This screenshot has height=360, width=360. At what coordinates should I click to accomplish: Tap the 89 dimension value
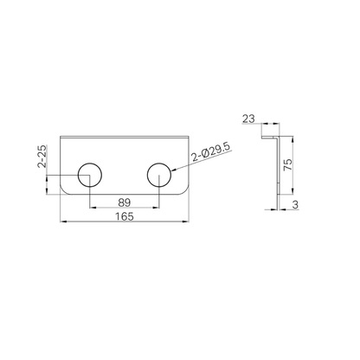(125, 202)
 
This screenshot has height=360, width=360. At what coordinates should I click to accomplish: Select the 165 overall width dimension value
(125, 216)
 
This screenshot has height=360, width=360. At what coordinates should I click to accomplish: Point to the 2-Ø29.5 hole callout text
(211, 152)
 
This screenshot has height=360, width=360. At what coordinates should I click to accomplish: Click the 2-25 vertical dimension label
(42, 157)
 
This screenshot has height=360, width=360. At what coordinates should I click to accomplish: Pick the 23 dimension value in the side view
(248, 119)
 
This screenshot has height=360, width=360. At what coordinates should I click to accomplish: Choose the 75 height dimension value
(287, 164)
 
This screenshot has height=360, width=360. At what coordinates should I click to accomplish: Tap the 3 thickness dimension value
(295, 205)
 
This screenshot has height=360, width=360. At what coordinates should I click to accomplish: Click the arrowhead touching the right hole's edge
(174, 170)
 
